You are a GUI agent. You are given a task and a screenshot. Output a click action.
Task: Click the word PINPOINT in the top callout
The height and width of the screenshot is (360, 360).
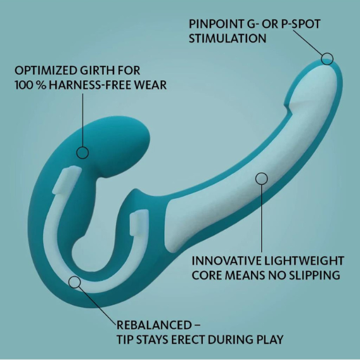pos(216,24)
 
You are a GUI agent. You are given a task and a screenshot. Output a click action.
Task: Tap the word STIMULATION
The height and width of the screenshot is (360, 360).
pos(228,38)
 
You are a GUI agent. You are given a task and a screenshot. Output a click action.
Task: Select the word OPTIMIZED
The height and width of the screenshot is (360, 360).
pos(45,70)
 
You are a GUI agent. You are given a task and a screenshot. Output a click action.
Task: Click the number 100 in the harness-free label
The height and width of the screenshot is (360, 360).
pos(23,85)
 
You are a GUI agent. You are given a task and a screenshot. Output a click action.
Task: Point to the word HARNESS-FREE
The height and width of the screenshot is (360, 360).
pos(90,85)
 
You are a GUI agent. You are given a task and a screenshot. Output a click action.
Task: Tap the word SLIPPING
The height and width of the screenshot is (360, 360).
pos(314,275)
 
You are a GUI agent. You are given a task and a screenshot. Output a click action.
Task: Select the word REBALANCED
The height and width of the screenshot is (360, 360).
pos(154,325)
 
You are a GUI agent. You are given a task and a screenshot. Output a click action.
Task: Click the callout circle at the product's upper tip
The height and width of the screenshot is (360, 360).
pos(327,58)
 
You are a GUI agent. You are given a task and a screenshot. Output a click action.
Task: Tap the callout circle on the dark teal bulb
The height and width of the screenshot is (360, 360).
pos(82,153)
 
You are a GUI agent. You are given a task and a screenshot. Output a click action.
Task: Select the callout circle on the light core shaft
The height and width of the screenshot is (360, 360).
pos(262,178)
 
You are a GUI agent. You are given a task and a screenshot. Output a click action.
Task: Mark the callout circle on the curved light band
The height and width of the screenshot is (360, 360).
pos(75,282)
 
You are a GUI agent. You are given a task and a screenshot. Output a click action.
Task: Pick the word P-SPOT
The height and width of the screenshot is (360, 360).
pos(300,24)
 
